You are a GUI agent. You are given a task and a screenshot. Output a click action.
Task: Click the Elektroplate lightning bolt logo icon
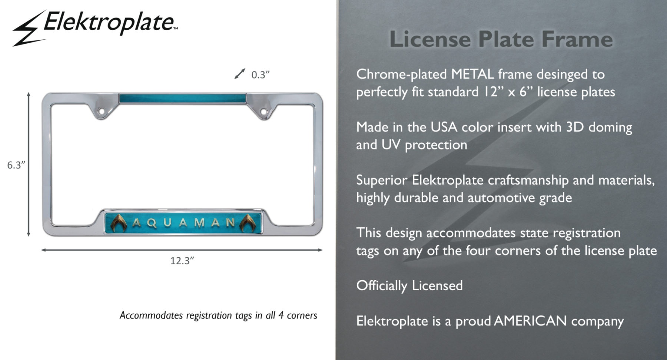click(x=29, y=28)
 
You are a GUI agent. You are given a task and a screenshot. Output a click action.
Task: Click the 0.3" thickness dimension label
click(x=261, y=75)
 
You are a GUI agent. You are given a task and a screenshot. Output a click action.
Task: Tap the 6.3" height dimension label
click(x=16, y=165)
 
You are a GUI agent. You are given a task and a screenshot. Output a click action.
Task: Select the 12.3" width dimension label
click(x=182, y=261)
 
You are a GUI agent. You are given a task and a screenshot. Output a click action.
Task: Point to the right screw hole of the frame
click(x=263, y=111)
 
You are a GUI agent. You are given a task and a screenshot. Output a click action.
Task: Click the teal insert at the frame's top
click(x=183, y=99)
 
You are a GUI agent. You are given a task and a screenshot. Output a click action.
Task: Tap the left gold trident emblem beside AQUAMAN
click(x=119, y=223)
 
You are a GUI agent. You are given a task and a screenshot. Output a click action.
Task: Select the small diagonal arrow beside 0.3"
click(x=240, y=74)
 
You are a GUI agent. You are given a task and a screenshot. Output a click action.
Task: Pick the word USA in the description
click(x=444, y=127)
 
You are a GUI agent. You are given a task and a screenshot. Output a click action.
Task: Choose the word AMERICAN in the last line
click(x=530, y=321)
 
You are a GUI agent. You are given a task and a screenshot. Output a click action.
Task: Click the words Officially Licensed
click(x=409, y=286)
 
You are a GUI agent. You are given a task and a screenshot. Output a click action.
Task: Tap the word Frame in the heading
click(x=577, y=39)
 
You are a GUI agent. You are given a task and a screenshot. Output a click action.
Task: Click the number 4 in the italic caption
click(x=281, y=316)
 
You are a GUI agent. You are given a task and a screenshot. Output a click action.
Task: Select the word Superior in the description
click(x=382, y=181)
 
